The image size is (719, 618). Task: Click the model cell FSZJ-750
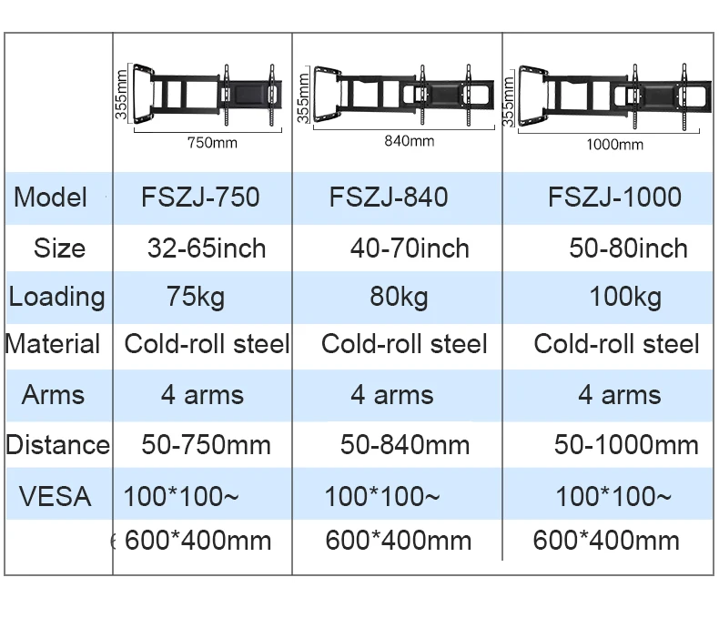(201, 198)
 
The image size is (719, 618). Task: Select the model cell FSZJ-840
(389, 198)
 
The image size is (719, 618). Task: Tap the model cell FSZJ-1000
(614, 198)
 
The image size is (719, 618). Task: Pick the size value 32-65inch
(207, 248)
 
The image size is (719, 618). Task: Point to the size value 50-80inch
(628, 248)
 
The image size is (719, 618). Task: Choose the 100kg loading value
(625, 297)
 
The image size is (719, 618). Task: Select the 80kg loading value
(400, 297)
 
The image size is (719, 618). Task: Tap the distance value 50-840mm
(405, 445)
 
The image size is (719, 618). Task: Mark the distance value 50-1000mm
(626, 445)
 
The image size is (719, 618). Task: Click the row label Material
(53, 345)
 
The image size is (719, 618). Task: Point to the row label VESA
(55, 497)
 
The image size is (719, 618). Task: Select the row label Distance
(57, 445)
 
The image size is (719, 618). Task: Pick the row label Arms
(53, 395)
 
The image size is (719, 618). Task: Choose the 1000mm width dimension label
(614, 145)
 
